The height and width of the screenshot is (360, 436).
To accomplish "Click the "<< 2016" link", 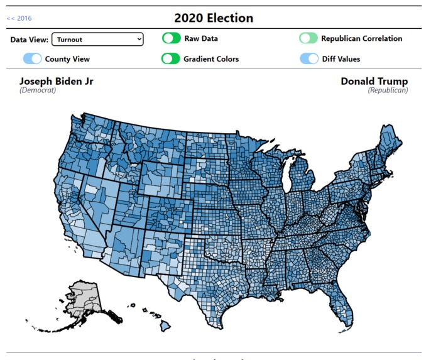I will [19, 18].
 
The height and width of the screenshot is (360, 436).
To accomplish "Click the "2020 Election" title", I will [214, 18].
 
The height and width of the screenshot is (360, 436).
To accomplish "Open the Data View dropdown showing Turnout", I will [97, 40].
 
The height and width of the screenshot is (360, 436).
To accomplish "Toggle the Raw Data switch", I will [171, 38].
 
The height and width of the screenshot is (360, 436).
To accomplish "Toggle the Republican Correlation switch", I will [308, 38].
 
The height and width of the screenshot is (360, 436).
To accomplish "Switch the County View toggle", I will [33, 59].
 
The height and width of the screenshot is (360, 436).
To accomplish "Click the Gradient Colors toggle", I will [171, 59].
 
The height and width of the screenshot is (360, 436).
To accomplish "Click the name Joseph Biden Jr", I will [57, 81].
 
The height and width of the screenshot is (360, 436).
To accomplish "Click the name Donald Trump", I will [374, 81].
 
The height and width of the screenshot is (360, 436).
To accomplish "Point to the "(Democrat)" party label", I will [38, 90].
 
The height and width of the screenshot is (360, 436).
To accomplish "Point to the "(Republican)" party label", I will [388, 90].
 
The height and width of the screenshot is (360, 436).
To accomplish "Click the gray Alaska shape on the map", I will [85, 296].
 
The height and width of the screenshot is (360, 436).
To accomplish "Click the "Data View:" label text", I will [29, 40].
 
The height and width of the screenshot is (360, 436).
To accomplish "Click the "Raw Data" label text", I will [201, 38].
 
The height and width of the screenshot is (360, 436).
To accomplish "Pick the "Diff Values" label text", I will [343, 59].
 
